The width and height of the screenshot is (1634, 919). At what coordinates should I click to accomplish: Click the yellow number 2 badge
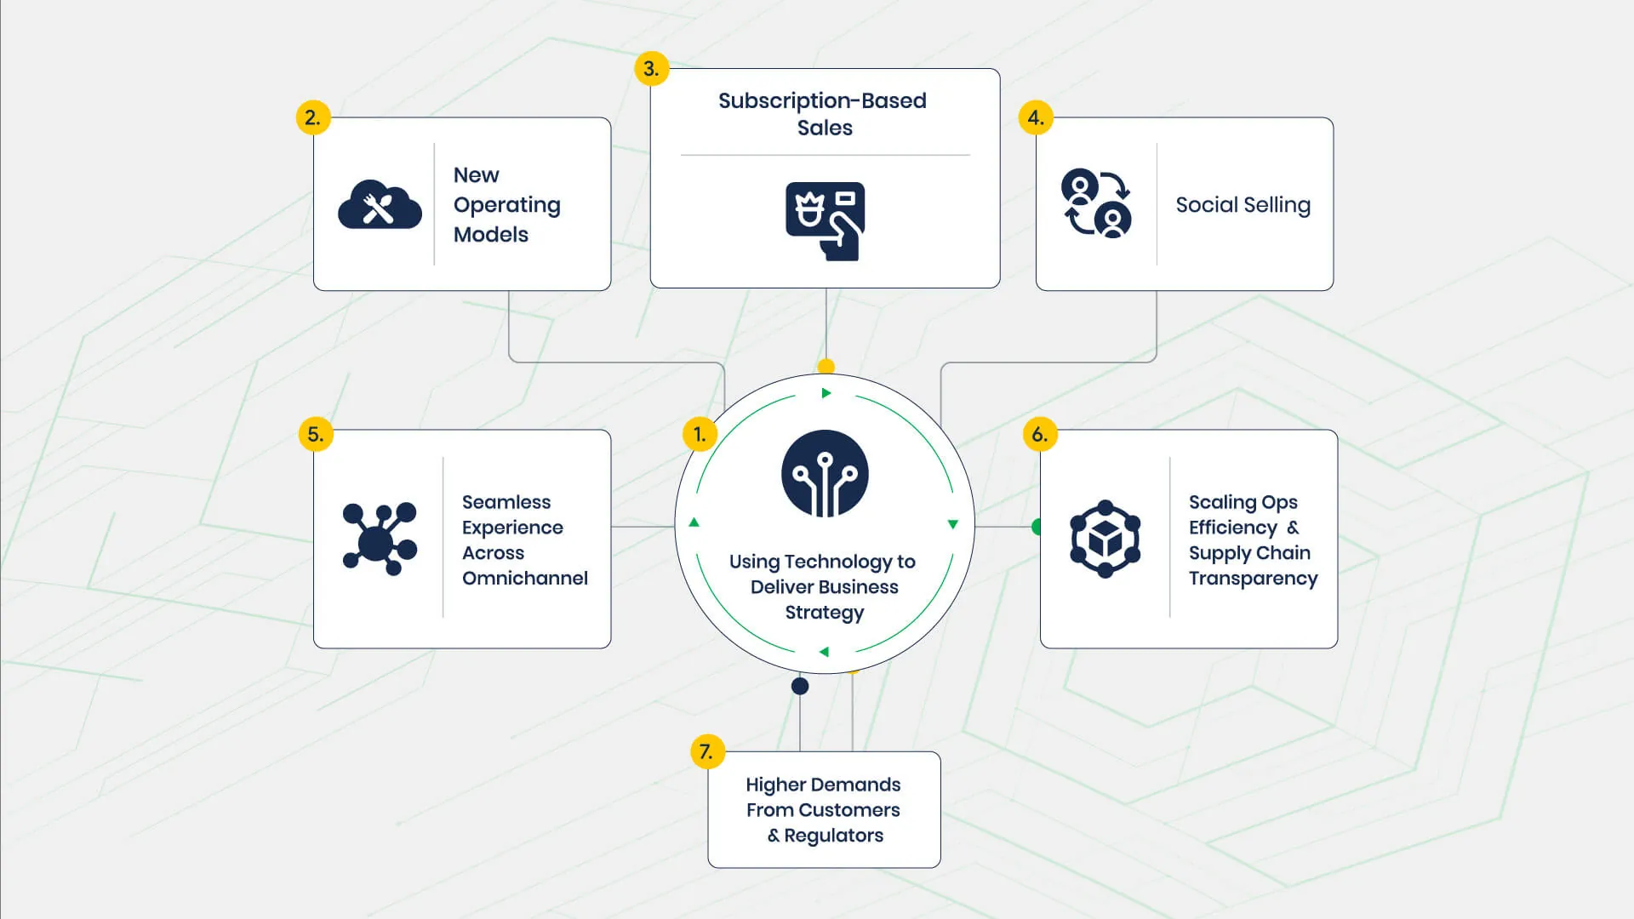[x=312, y=117]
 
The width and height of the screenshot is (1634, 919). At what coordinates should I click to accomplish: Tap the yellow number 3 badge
[x=651, y=68]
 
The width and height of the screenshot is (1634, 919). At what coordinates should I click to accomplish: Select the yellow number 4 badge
[x=1036, y=117]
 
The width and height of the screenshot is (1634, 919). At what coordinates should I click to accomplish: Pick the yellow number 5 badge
[x=315, y=434]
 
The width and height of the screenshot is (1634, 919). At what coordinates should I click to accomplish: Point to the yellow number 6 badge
[x=1039, y=434]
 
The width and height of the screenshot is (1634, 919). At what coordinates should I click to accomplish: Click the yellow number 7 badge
[x=706, y=751]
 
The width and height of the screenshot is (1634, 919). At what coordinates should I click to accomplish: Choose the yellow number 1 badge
[x=700, y=434]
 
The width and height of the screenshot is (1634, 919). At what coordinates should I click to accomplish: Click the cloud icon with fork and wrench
[x=380, y=206]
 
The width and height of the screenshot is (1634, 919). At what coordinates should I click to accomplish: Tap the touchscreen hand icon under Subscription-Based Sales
[x=825, y=220]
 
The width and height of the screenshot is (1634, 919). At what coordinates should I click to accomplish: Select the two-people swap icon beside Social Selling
[x=1096, y=203]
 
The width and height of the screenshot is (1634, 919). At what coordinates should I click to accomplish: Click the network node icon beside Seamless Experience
[x=380, y=539]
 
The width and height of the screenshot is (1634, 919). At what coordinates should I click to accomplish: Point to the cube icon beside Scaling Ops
[x=1105, y=539]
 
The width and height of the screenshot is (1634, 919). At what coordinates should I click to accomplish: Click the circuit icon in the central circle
[x=825, y=474]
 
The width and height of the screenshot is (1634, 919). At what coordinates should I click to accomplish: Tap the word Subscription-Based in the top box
[x=822, y=100]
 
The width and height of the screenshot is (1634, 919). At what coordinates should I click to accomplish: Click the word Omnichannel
[x=524, y=579]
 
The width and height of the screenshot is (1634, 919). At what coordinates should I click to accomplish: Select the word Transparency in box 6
[x=1253, y=579]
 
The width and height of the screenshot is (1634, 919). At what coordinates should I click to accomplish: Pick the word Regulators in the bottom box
[x=833, y=836]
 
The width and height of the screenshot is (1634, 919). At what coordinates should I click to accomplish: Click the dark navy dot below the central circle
[x=800, y=686]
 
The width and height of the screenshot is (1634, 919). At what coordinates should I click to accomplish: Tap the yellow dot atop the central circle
[x=826, y=367]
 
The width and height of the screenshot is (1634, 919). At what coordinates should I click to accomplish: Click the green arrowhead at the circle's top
[x=826, y=393]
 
